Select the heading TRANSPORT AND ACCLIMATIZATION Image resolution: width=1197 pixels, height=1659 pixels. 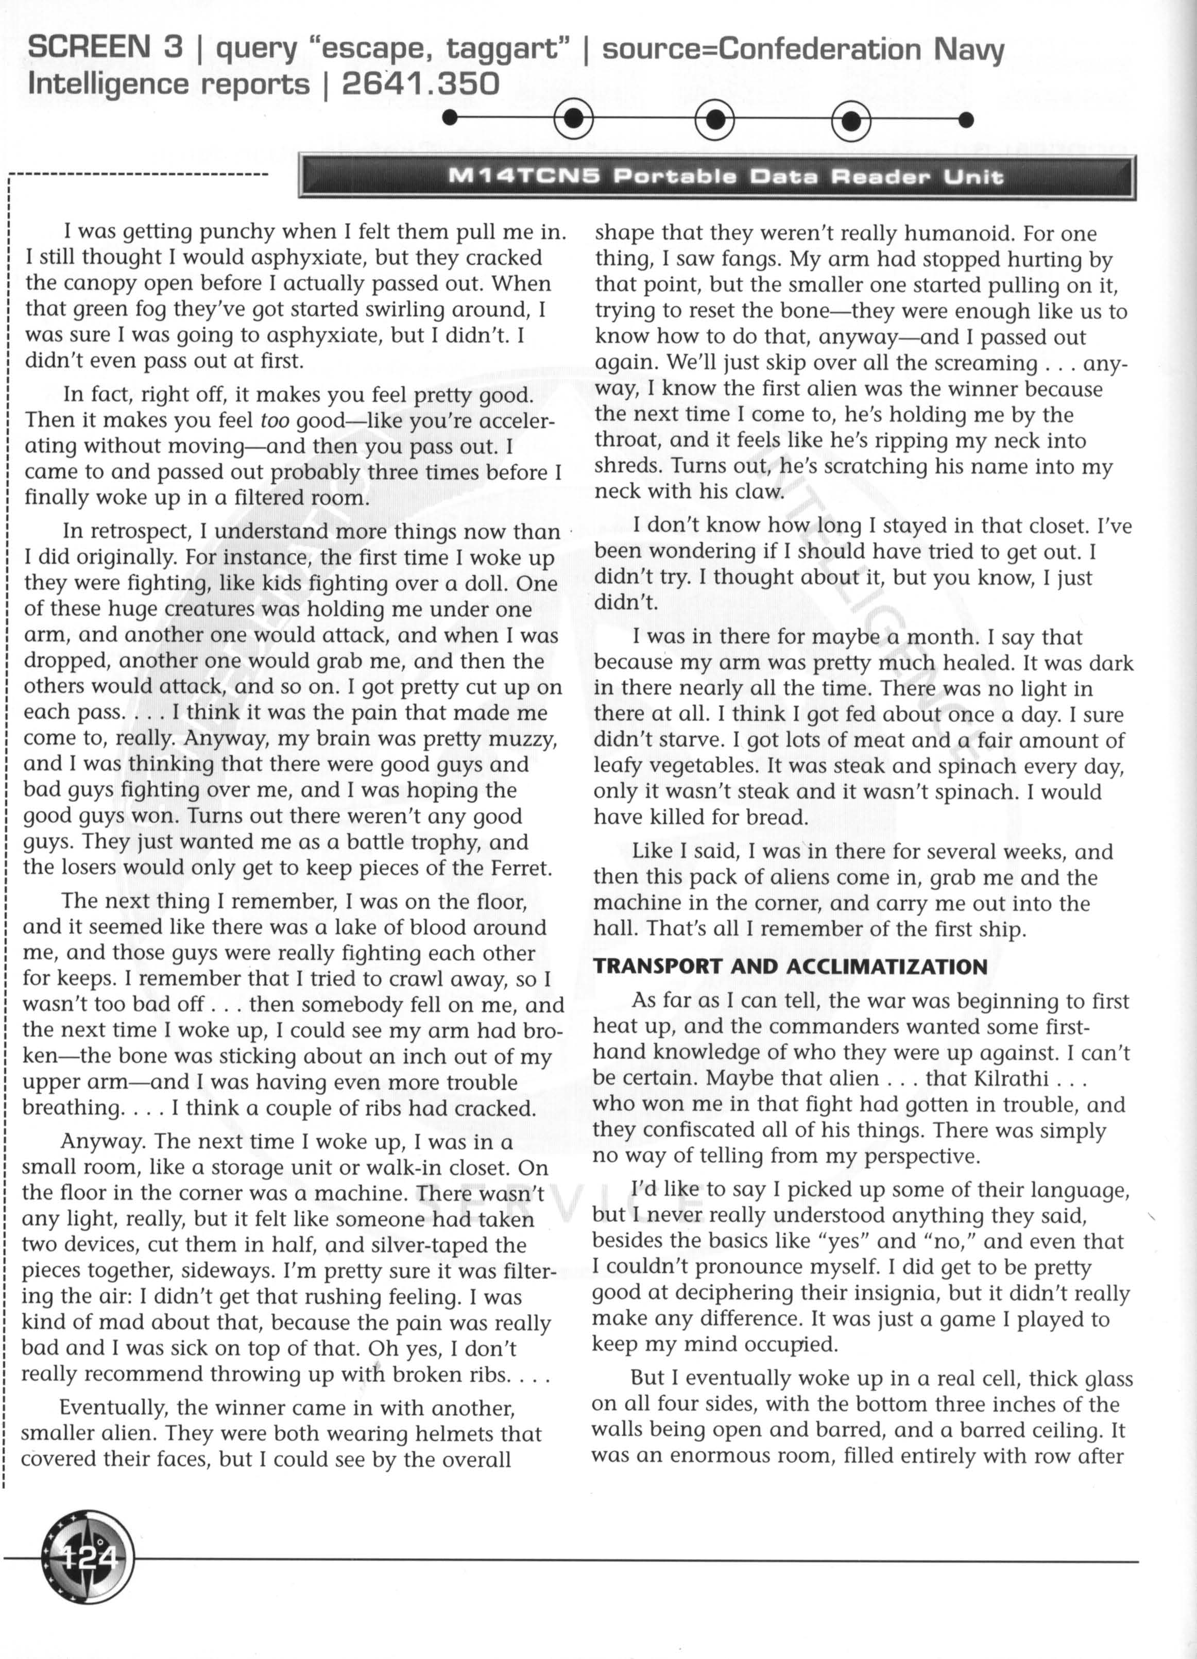790,966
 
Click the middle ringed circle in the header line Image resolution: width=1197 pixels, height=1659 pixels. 714,118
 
